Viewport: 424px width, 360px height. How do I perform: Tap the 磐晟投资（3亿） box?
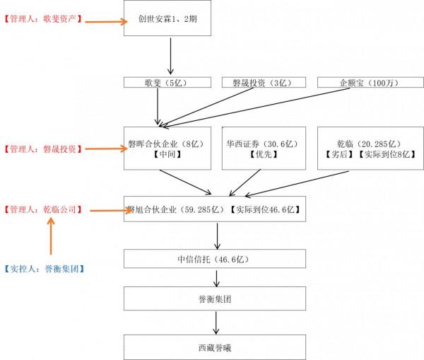tap(261, 83)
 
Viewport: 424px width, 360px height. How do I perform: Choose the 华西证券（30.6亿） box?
tap(261, 149)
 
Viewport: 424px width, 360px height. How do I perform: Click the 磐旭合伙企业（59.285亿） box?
tap(215, 209)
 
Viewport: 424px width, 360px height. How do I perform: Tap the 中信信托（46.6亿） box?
tap(215, 259)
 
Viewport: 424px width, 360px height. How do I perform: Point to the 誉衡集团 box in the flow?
tap(215, 298)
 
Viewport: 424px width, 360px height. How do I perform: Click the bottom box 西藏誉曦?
tap(215, 347)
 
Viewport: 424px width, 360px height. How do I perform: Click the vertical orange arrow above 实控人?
tap(51, 237)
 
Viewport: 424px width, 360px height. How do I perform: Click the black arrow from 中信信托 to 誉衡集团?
tap(216, 277)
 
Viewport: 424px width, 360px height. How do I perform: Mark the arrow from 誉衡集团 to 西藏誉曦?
tap(216, 323)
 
